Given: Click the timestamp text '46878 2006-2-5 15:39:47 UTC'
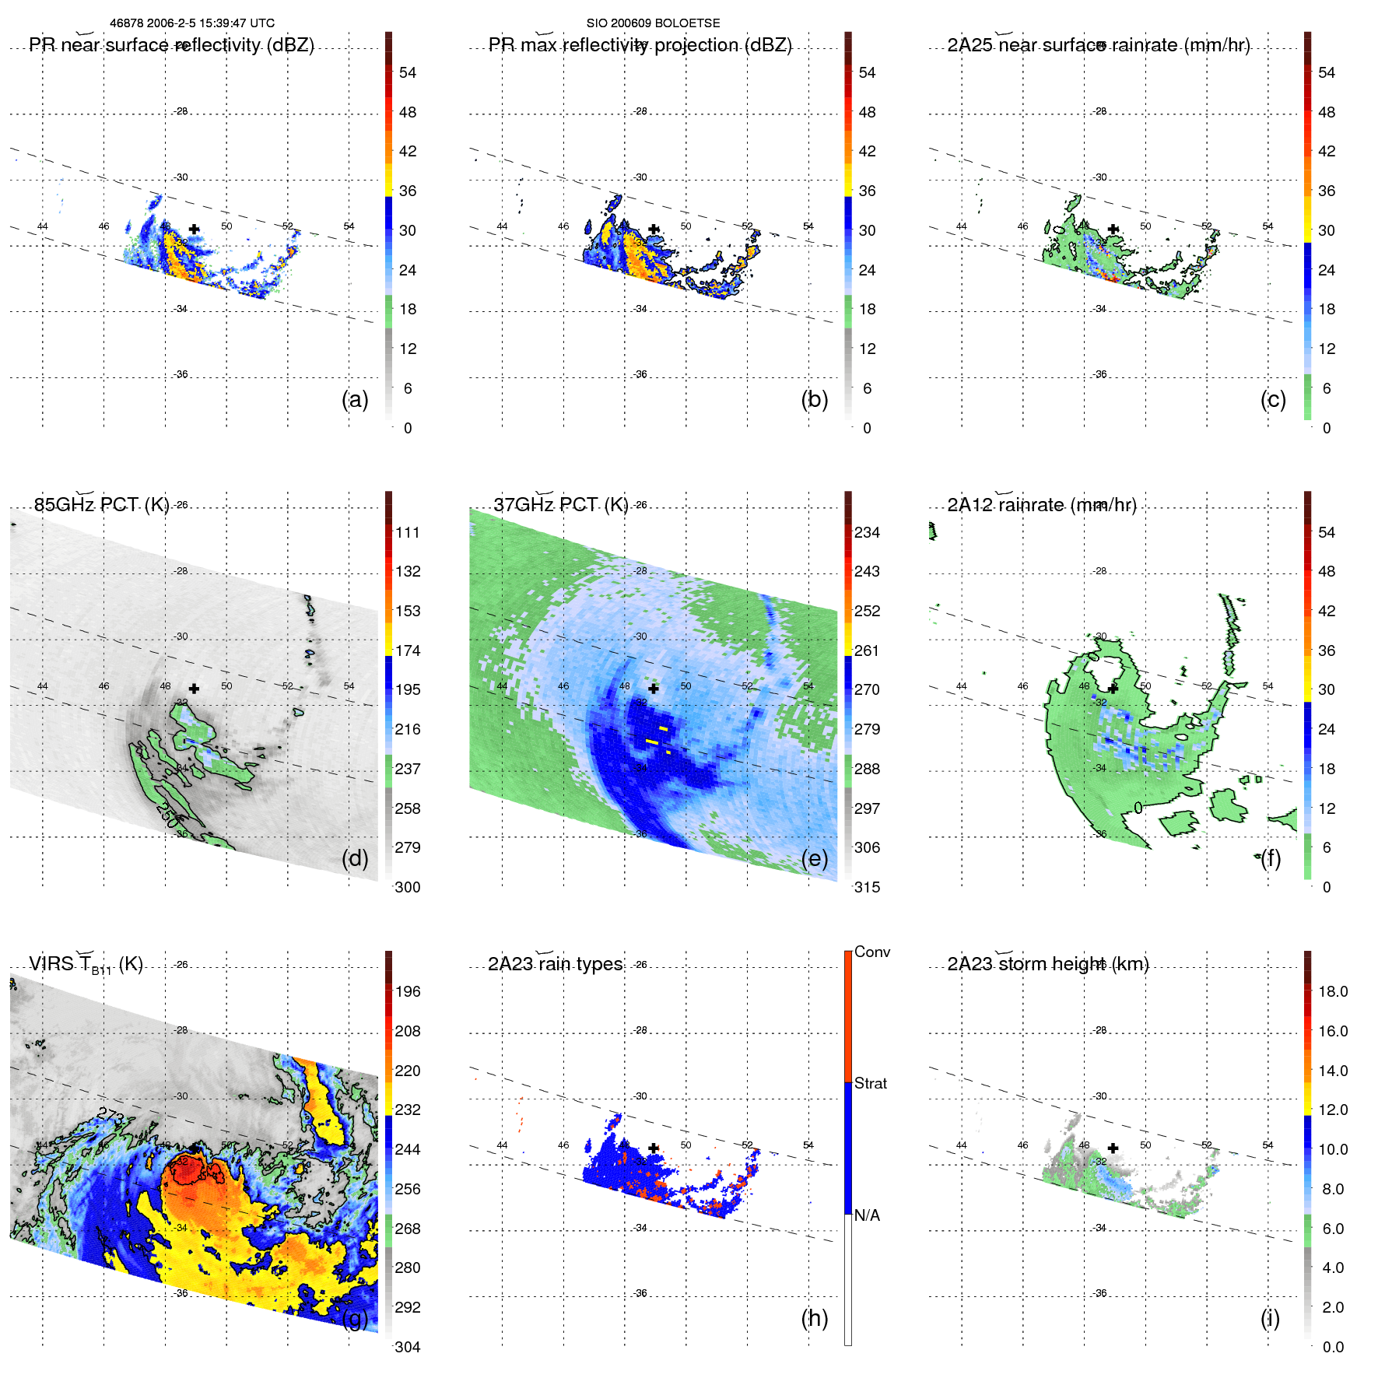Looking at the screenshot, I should click(191, 23).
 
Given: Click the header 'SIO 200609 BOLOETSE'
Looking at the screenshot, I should click(653, 23).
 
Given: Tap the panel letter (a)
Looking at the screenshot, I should click(355, 399).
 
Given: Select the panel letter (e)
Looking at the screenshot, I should click(815, 858).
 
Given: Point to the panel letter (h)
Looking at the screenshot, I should click(815, 1318).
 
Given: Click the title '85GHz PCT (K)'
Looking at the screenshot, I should click(101, 505).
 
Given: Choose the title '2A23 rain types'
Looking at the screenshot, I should click(555, 964).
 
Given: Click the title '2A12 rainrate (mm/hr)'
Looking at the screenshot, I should click(1041, 505).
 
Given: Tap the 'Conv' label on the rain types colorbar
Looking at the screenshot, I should click(871, 952).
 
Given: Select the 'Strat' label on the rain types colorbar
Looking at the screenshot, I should click(870, 1083).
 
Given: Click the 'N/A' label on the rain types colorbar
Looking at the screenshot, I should click(867, 1215).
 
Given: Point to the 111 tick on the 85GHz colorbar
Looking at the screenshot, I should click(408, 532).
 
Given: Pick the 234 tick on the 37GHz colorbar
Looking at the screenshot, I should click(867, 532).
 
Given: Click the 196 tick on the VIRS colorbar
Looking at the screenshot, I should click(408, 991).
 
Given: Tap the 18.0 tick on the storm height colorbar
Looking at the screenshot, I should click(1332, 991).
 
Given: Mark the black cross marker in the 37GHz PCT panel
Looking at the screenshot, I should click(654, 689).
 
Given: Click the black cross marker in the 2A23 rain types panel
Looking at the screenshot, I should click(654, 1148).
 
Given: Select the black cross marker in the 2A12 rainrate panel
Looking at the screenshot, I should click(1113, 689).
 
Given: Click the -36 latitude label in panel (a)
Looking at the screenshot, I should click(181, 374).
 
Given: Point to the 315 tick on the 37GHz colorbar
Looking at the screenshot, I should click(867, 887).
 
